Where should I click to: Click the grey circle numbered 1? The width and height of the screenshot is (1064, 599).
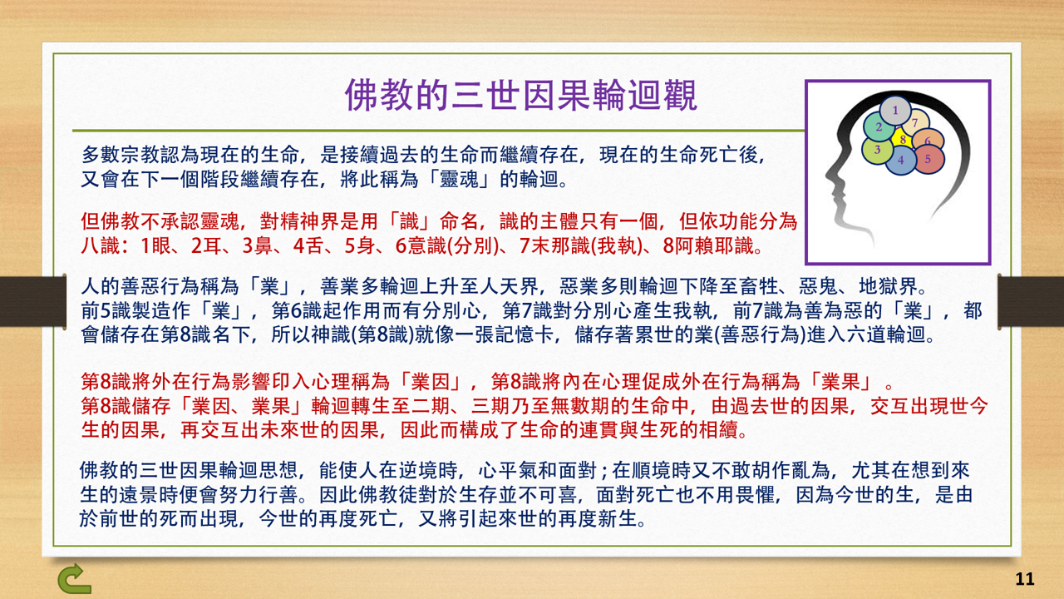[x=894, y=110]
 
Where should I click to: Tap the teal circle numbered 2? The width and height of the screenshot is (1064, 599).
[x=878, y=127]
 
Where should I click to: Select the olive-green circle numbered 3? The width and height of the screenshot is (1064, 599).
[x=876, y=150]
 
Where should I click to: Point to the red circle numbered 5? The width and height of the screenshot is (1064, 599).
[x=929, y=158]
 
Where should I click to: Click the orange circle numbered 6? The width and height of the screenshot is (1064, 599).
[x=929, y=141]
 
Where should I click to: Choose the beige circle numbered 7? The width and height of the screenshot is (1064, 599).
[x=915, y=123]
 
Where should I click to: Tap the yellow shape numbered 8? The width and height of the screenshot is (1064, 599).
[x=903, y=140]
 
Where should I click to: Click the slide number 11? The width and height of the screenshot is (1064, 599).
[x=1024, y=579]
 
